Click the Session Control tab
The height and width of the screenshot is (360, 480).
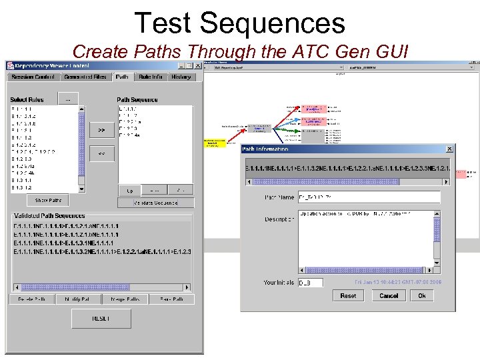click(31, 77)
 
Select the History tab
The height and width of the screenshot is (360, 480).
click(181, 77)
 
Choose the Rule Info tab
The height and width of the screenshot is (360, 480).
click(151, 77)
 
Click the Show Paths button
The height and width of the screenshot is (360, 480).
click(48, 201)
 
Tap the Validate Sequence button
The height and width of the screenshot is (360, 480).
click(155, 203)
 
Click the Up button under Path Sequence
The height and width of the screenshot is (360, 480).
click(129, 191)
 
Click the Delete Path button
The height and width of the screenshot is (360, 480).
click(31, 300)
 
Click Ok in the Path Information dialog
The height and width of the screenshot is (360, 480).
click(422, 295)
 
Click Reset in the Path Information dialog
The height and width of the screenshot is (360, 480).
click(348, 295)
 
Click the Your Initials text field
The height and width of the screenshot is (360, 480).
click(310, 283)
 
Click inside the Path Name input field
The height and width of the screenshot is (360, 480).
click(369, 197)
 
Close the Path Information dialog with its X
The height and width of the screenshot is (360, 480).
click(449, 149)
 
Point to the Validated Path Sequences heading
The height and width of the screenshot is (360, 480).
click(49, 216)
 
